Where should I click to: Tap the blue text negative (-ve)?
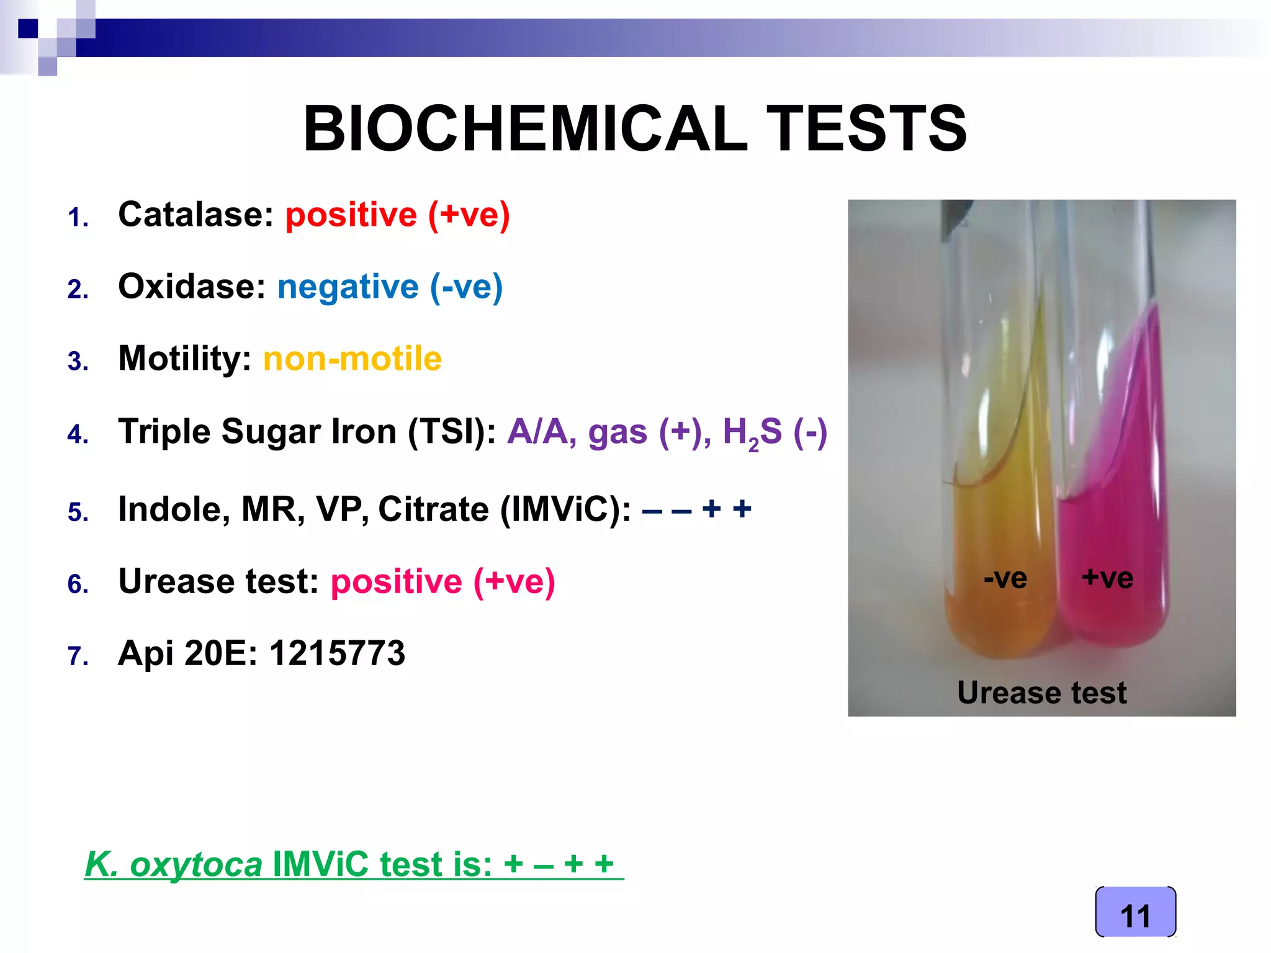click(390, 287)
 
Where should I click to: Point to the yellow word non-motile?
click(352, 359)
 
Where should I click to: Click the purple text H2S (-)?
click(775, 432)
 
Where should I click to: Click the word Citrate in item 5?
click(433, 510)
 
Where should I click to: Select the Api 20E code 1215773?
click(337, 653)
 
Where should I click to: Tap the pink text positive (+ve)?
click(442, 582)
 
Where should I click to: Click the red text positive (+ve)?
click(397, 215)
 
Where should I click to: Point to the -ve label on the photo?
click(1005, 578)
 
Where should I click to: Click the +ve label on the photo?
click(1107, 578)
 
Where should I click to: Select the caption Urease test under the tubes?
click(1041, 692)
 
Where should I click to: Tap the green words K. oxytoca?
click(174, 864)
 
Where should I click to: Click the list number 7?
click(78, 656)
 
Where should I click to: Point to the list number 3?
click(78, 362)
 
